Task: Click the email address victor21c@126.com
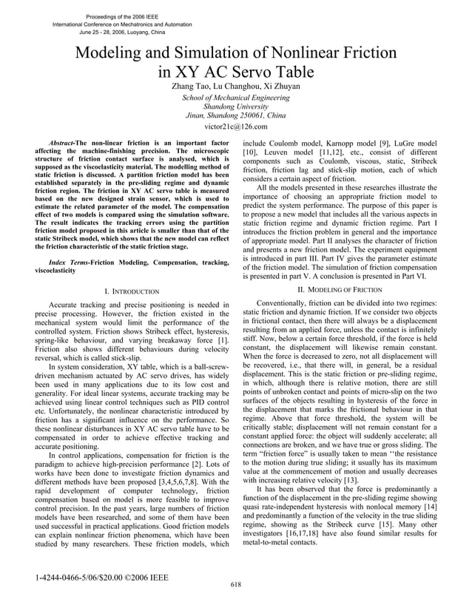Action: pyautogui.click(x=235, y=126)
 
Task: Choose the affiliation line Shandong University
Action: pyautogui.click(x=235, y=107)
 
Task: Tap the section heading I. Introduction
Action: pyautogui.click(x=134, y=292)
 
